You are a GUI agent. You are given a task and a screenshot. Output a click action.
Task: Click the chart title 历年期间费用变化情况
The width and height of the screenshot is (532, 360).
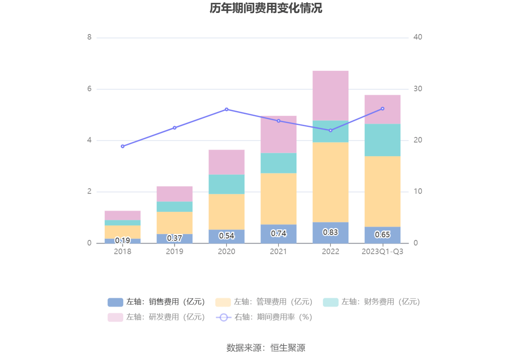(x=266, y=8)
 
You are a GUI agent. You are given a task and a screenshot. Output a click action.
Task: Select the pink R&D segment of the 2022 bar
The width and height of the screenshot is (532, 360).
(x=331, y=95)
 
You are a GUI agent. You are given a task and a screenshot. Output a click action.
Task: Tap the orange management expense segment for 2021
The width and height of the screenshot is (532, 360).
(x=279, y=199)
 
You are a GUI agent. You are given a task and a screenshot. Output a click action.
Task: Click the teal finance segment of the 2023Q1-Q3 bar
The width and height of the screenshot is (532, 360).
(x=383, y=140)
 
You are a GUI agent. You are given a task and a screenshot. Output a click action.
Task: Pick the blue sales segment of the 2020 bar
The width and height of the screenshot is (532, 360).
(x=226, y=236)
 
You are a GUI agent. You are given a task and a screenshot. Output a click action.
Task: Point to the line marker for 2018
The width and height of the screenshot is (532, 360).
(x=123, y=146)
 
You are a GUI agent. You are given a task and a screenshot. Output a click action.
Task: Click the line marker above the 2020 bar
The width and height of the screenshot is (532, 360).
(x=226, y=110)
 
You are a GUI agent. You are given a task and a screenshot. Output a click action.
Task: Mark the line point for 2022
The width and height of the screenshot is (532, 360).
(x=331, y=130)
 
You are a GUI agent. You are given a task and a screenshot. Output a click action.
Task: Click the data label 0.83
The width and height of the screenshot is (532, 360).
(x=331, y=232)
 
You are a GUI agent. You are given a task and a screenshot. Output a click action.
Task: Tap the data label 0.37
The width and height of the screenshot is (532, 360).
(x=174, y=238)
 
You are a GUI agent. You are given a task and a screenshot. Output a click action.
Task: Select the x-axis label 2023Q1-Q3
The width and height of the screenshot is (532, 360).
(x=382, y=252)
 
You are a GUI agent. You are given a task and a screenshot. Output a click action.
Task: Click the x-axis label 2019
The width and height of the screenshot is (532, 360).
(x=174, y=252)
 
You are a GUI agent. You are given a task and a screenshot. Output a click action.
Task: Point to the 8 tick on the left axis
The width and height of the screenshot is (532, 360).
(x=90, y=37)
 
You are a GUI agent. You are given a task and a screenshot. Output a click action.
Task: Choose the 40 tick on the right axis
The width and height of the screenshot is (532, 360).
(x=418, y=37)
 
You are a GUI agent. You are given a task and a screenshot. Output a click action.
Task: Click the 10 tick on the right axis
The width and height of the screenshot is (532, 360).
(x=418, y=191)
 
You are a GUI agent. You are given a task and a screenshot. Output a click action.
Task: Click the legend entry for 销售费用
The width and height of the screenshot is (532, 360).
(x=156, y=302)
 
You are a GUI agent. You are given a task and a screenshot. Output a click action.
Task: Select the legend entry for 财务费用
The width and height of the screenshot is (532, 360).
(x=372, y=302)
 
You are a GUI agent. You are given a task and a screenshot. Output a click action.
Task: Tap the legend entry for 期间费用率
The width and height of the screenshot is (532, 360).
(x=264, y=317)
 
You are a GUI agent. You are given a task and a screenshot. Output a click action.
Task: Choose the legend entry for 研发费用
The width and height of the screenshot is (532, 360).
(x=156, y=317)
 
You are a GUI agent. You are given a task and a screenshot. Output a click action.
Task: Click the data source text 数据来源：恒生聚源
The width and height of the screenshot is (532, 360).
(x=266, y=347)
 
